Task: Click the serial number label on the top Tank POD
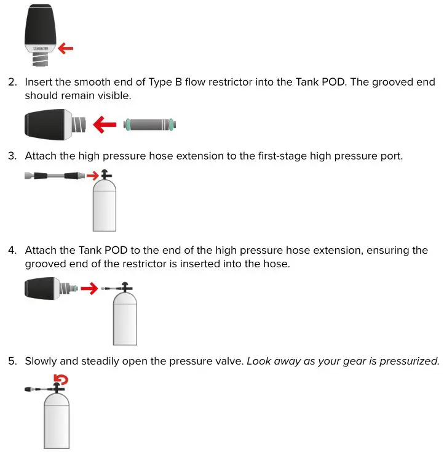tap(41, 47)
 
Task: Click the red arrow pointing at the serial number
tap(66, 47)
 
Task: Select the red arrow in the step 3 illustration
tap(93, 176)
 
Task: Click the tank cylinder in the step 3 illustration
tap(104, 208)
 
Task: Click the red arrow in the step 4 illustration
tap(89, 288)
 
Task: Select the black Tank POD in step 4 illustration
tap(44, 288)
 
